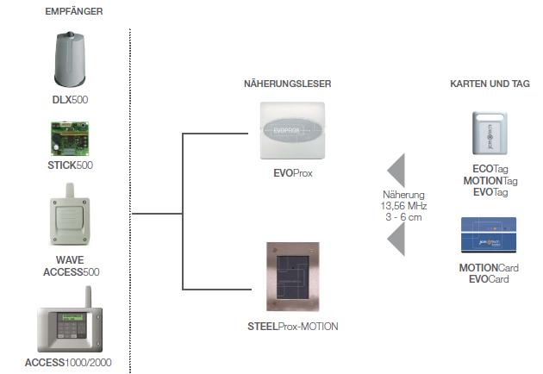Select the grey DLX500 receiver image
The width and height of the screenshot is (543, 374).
(71, 60)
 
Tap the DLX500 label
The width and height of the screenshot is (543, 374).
(71, 101)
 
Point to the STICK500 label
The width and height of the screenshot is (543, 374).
(71, 165)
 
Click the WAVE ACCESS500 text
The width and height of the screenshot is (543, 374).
(71, 265)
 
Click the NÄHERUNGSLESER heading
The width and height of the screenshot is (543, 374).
(287, 84)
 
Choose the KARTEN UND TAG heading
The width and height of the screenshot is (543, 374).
(490, 84)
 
